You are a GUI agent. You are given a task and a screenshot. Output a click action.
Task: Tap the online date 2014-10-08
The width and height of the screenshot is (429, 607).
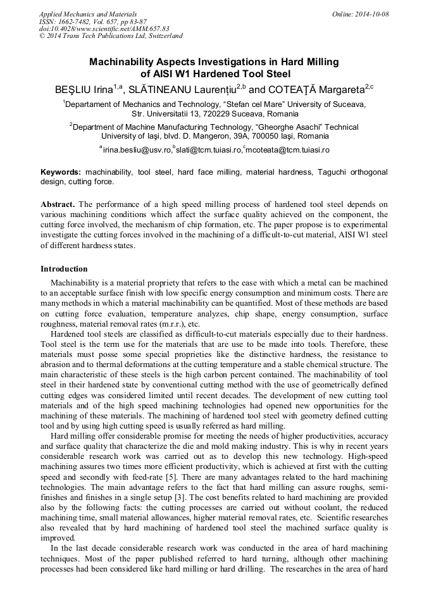pos(369,14)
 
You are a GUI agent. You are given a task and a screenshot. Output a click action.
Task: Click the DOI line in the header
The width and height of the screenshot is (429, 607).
pos(104,28)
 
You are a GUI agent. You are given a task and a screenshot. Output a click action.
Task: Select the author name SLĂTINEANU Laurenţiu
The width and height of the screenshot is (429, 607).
pos(180,89)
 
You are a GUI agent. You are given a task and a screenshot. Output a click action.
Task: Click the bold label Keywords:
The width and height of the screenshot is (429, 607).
pos(61,172)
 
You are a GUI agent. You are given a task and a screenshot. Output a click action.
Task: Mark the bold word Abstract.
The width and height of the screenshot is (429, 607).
pos(58,204)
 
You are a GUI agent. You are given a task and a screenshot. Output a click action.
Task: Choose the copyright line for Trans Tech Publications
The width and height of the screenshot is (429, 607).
pos(111,36)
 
